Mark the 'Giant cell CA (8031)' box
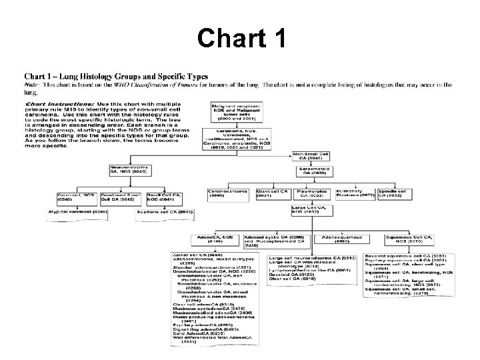pyautogui.click(x=272, y=193)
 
